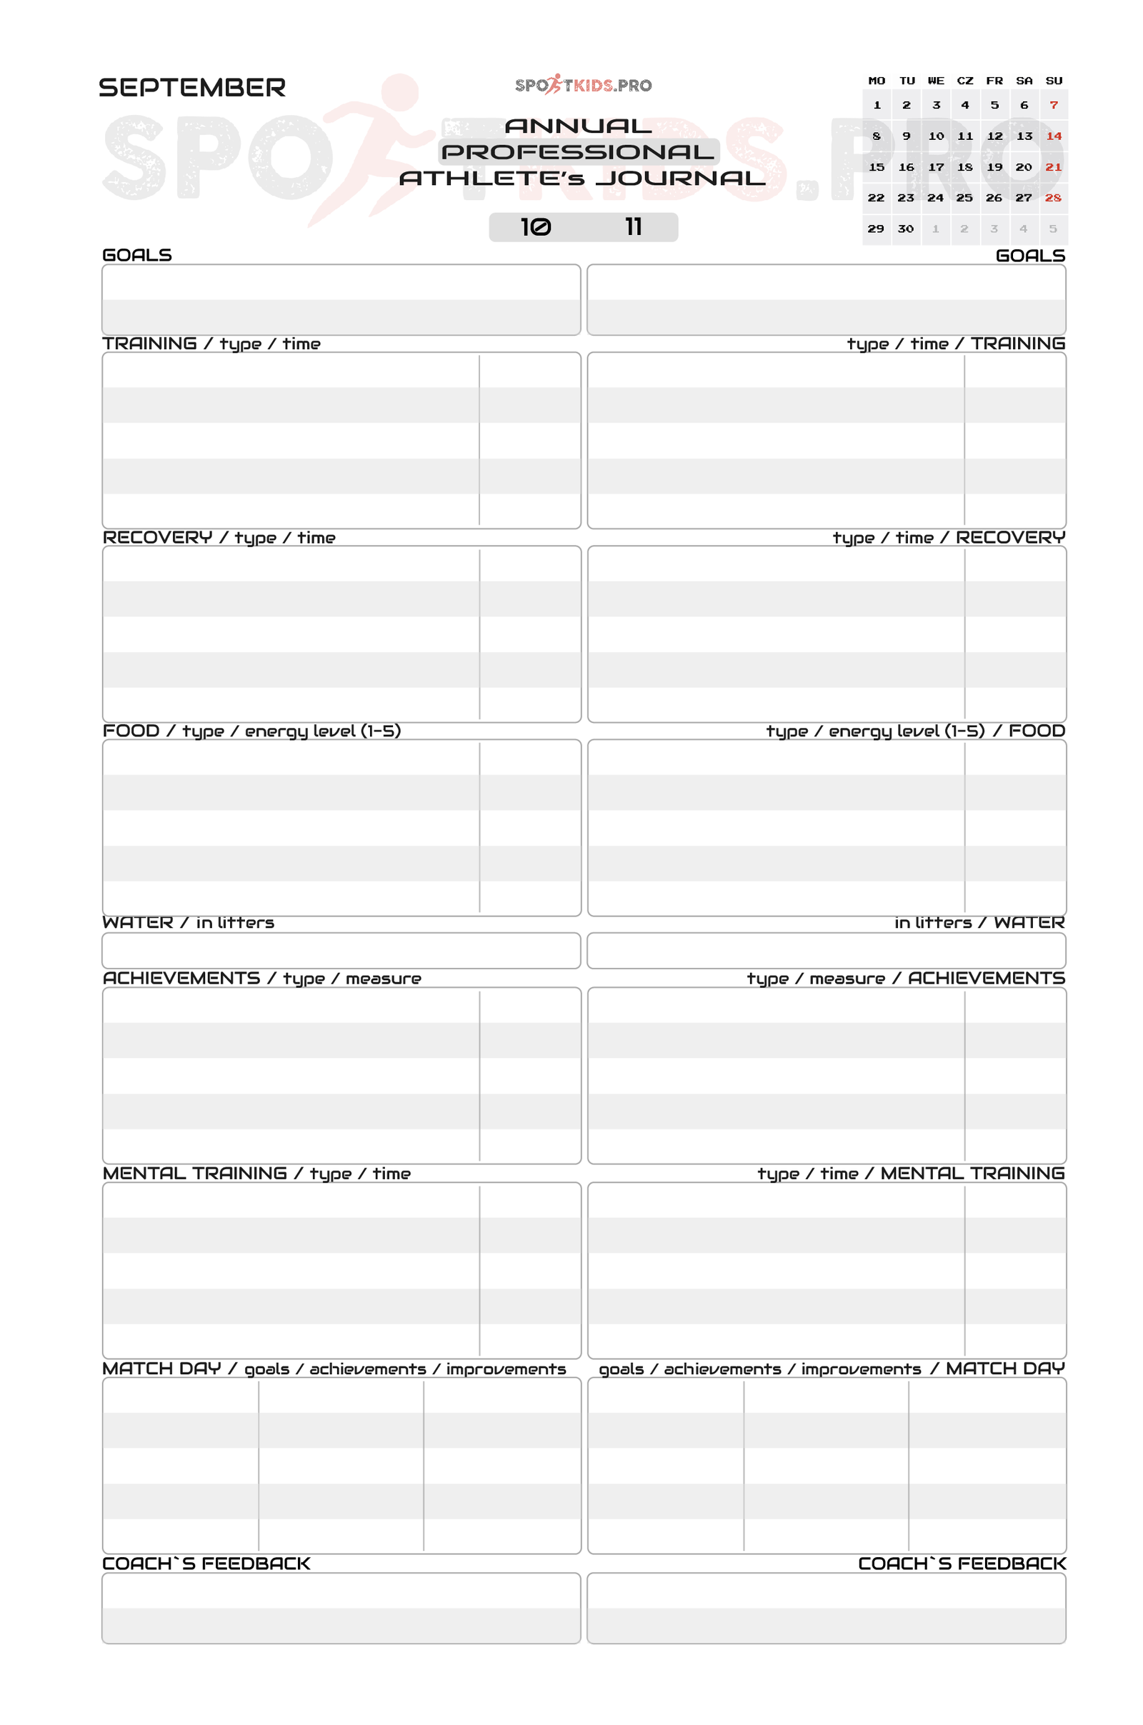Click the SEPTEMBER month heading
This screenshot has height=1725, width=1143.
click(x=191, y=87)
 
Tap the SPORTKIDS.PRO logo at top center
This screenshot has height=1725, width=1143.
click(x=583, y=85)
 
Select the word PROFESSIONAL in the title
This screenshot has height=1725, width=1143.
click(x=578, y=151)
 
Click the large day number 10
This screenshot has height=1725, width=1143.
click(x=536, y=227)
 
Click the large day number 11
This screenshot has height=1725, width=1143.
click(x=634, y=227)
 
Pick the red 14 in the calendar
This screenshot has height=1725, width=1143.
click(x=1053, y=136)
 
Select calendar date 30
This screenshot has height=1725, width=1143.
click(x=905, y=229)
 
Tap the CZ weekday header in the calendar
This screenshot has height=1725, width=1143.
click(x=965, y=81)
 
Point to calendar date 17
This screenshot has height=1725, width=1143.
click(x=935, y=167)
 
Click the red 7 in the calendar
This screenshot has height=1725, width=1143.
click(x=1053, y=105)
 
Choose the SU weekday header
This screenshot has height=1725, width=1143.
click(x=1053, y=81)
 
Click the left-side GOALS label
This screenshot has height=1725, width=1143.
click(x=137, y=255)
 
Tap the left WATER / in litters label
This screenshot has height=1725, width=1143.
click(x=188, y=923)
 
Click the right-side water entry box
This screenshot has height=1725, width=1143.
click(x=826, y=950)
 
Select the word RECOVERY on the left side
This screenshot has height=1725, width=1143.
click(x=157, y=538)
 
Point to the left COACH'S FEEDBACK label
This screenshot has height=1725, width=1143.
click(x=206, y=1563)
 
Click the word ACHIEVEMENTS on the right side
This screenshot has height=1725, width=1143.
click(x=987, y=978)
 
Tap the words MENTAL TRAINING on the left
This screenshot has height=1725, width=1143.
click(x=194, y=1174)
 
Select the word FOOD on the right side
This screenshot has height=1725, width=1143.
click(x=1037, y=731)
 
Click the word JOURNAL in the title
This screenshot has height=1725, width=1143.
click(x=681, y=179)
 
